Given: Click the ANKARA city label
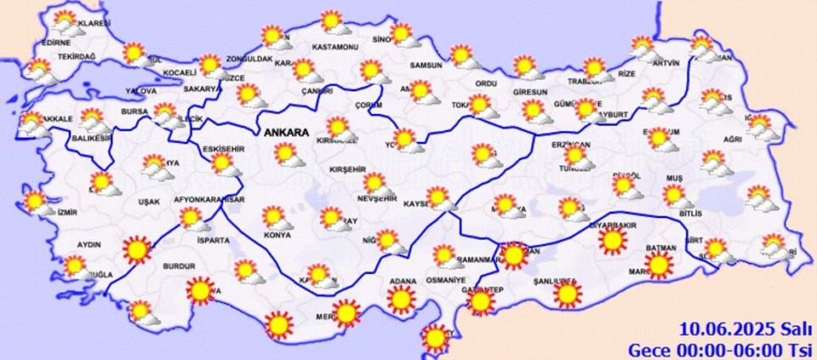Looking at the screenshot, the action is (x=289, y=134).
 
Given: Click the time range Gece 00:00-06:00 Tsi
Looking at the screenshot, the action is (x=720, y=349).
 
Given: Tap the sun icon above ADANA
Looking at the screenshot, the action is (x=400, y=299).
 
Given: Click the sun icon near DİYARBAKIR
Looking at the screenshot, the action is (x=611, y=242).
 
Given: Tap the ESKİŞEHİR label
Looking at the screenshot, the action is (x=225, y=150).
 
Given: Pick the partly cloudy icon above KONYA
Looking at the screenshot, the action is (x=275, y=218).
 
